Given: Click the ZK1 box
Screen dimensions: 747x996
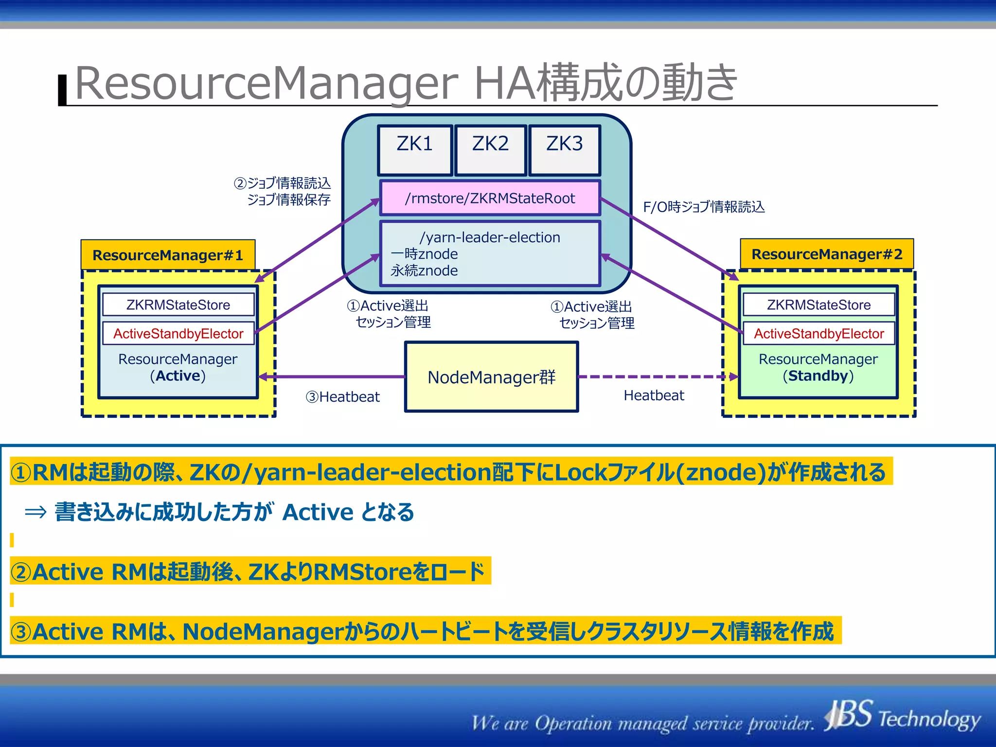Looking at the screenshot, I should pyautogui.click(x=415, y=150).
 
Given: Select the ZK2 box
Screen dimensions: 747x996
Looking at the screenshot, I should pyautogui.click(x=490, y=150).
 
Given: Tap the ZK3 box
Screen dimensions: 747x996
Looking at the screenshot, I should pyautogui.click(x=564, y=150).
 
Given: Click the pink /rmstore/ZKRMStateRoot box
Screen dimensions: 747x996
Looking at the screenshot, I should pyautogui.click(x=490, y=198).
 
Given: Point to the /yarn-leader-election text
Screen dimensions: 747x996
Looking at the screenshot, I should pyautogui.click(x=490, y=237).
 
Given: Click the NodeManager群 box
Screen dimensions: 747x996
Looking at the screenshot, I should pyautogui.click(x=491, y=377).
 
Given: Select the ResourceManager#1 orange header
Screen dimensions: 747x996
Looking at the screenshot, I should pyautogui.click(x=168, y=255).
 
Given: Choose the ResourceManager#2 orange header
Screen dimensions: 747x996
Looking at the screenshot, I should pyautogui.click(x=827, y=254).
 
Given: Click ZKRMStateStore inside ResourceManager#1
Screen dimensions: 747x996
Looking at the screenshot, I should pyautogui.click(x=178, y=305).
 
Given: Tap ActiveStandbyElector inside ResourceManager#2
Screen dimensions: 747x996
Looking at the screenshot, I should pyautogui.click(x=818, y=334).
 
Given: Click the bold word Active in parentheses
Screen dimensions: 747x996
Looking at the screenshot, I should pyautogui.click(x=178, y=376).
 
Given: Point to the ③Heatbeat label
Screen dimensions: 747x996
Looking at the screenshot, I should pyautogui.click(x=342, y=397).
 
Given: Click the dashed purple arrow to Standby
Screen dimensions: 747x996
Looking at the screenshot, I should pyautogui.click(x=657, y=376).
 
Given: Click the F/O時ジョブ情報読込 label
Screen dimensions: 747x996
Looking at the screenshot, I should pyautogui.click(x=704, y=207).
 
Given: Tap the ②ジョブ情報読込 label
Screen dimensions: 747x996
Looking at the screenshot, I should pyautogui.click(x=282, y=183).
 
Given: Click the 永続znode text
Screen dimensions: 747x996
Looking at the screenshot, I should pyautogui.click(x=424, y=271).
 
